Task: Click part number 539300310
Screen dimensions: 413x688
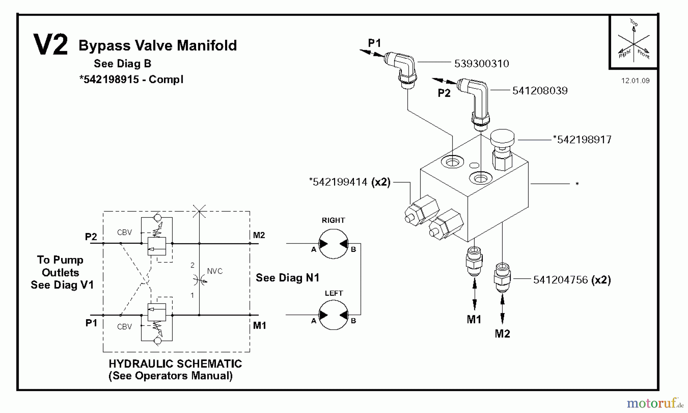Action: click(481, 64)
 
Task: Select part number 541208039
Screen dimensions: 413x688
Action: click(540, 91)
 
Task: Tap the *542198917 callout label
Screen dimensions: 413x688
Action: click(582, 140)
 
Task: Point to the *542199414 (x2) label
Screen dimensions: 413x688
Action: click(349, 182)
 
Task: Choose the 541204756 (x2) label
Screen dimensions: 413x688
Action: click(572, 280)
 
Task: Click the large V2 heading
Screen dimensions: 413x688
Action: click(50, 45)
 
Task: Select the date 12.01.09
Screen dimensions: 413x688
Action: click(635, 80)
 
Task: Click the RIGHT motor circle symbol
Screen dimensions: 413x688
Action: click(333, 244)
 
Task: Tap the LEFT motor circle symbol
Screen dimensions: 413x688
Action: click(333, 315)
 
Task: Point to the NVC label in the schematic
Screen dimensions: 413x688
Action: click(214, 271)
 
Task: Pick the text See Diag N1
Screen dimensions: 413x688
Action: click(287, 278)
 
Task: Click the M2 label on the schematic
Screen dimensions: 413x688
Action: click(259, 235)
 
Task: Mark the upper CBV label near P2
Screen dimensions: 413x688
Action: click(124, 232)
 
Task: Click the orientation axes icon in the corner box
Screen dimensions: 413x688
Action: click(633, 41)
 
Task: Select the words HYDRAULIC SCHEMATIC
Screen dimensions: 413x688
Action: click(175, 364)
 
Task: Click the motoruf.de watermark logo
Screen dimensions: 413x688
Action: click(654, 403)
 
